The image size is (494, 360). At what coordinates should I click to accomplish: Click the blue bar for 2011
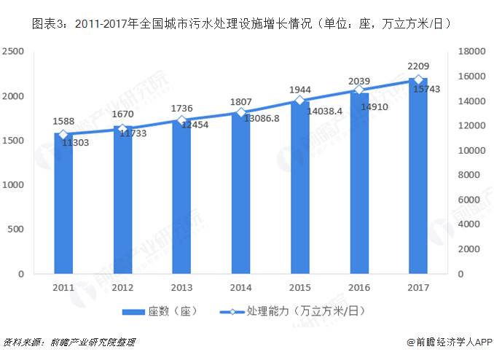63,204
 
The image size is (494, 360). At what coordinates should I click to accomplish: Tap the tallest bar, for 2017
418,176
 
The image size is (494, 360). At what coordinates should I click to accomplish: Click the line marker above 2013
181,120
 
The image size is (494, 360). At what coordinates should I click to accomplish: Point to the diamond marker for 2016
359,90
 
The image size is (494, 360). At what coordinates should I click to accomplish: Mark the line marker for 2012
122,129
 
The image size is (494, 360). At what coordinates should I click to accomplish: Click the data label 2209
418,67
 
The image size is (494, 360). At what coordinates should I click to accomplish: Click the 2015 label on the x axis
299,286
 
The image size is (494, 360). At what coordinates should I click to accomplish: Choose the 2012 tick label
122,286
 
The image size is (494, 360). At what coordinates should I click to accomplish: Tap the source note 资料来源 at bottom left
22,342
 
